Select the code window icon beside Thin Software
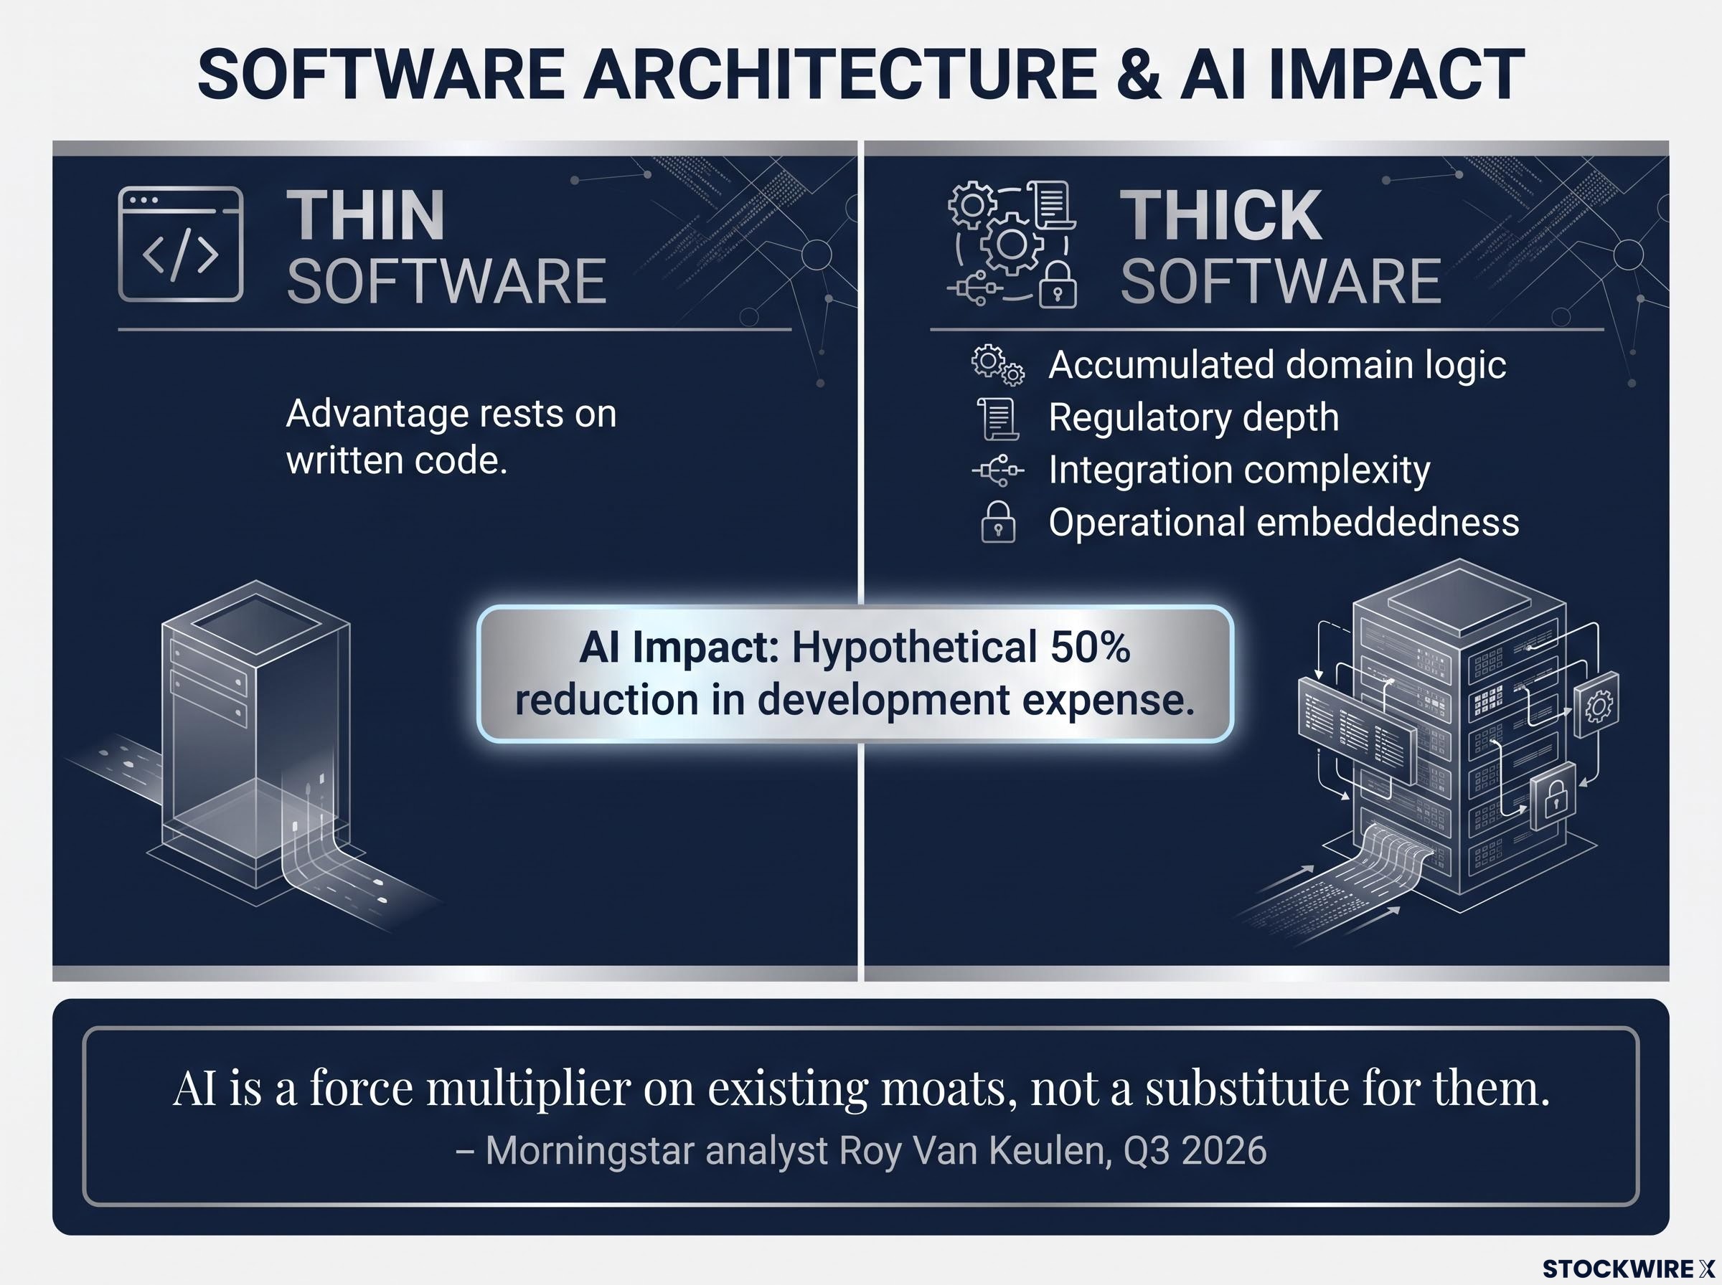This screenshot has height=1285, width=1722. point(181,245)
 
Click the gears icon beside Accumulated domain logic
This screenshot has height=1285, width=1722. point(998,365)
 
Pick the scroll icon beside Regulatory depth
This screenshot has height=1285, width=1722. point(998,418)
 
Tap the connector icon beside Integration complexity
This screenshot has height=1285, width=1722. point(998,470)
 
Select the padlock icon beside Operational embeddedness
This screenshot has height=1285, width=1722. point(998,521)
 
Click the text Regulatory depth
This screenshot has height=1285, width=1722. point(1194,418)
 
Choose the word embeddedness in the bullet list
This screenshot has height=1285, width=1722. point(1388,522)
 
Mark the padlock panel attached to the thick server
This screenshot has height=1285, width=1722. point(1553,798)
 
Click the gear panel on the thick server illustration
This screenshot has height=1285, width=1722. point(1597,705)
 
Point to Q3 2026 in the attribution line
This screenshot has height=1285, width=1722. point(1195,1151)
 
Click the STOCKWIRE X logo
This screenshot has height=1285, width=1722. point(1628,1269)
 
